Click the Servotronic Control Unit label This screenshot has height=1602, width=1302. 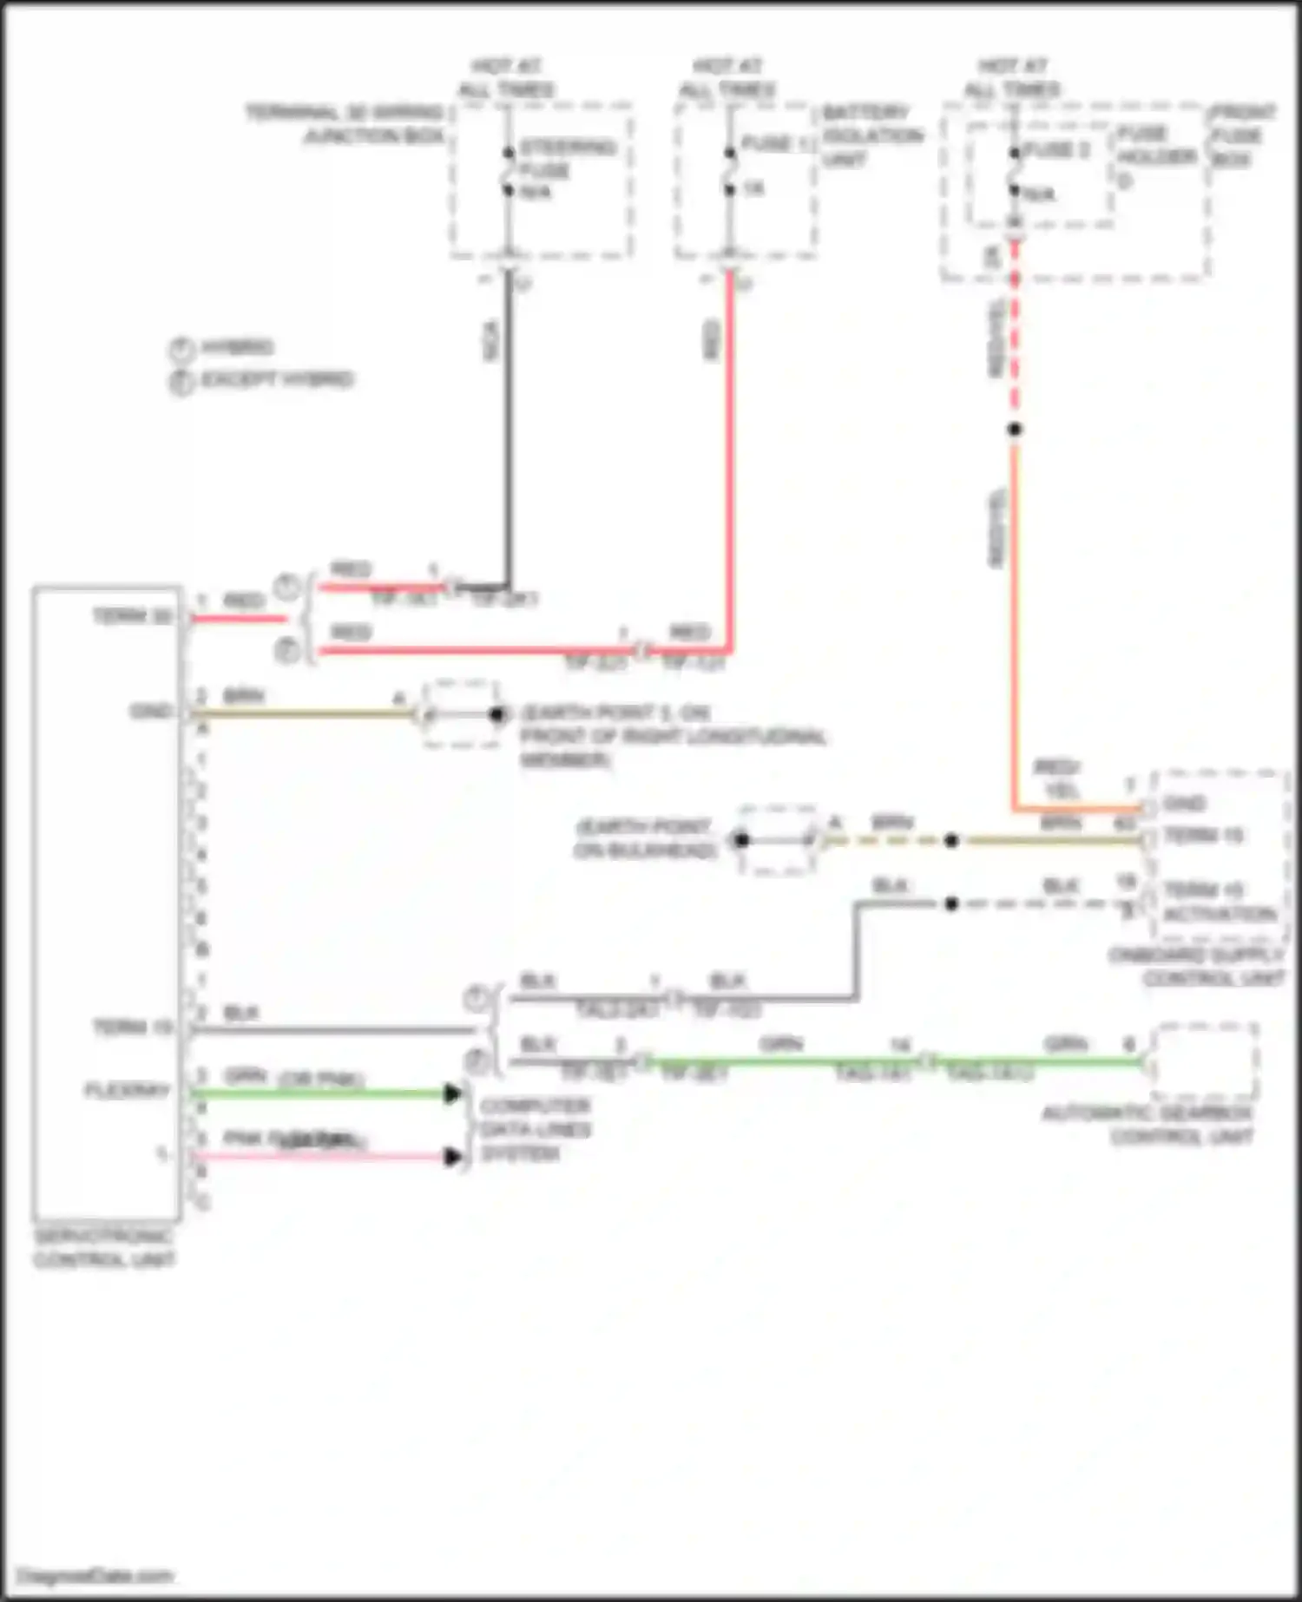click(103, 1248)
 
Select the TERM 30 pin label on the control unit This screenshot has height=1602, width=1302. click(132, 616)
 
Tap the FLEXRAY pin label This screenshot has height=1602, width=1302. click(127, 1090)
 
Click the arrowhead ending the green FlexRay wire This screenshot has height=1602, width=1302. click(452, 1093)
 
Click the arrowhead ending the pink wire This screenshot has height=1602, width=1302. click(452, 1157)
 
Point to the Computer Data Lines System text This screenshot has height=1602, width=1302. click(535, 1129)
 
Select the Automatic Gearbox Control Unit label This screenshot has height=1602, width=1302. click(1147, 1125)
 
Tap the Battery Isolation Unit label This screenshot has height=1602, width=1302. click(871, 135)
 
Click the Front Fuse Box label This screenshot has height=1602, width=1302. click(1242, 135)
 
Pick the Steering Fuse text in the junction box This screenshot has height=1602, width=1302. click(565, 158)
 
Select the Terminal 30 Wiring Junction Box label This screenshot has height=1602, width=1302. click(345, 124)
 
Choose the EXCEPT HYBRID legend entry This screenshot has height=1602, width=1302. click(276, 380)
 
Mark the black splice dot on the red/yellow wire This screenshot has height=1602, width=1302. click(1014, 429)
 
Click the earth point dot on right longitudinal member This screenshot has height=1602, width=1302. click(496, 714)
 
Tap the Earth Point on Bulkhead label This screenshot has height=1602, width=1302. click(644, 838)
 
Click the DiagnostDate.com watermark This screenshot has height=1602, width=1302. click(96, 1575)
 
